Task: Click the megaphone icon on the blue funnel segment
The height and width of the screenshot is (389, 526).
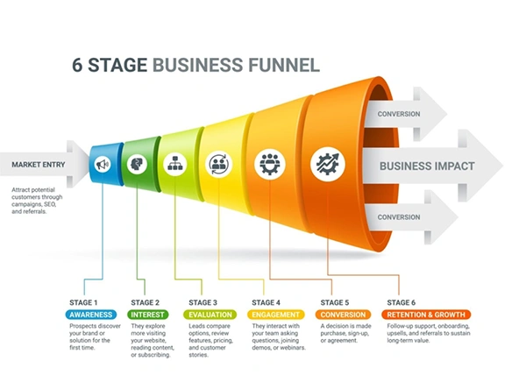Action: [x=103, y=164]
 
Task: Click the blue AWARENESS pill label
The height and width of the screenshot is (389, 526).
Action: [x=91, y=314]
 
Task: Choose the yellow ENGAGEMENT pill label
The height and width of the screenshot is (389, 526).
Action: [x=275, y=314]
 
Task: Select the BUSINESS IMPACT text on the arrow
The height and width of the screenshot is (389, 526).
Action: [x=426, y=166]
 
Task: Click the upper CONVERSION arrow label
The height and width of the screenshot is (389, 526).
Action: [x=399, y=114]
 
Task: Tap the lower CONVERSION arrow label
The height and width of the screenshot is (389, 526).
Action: [x=399, y=216]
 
